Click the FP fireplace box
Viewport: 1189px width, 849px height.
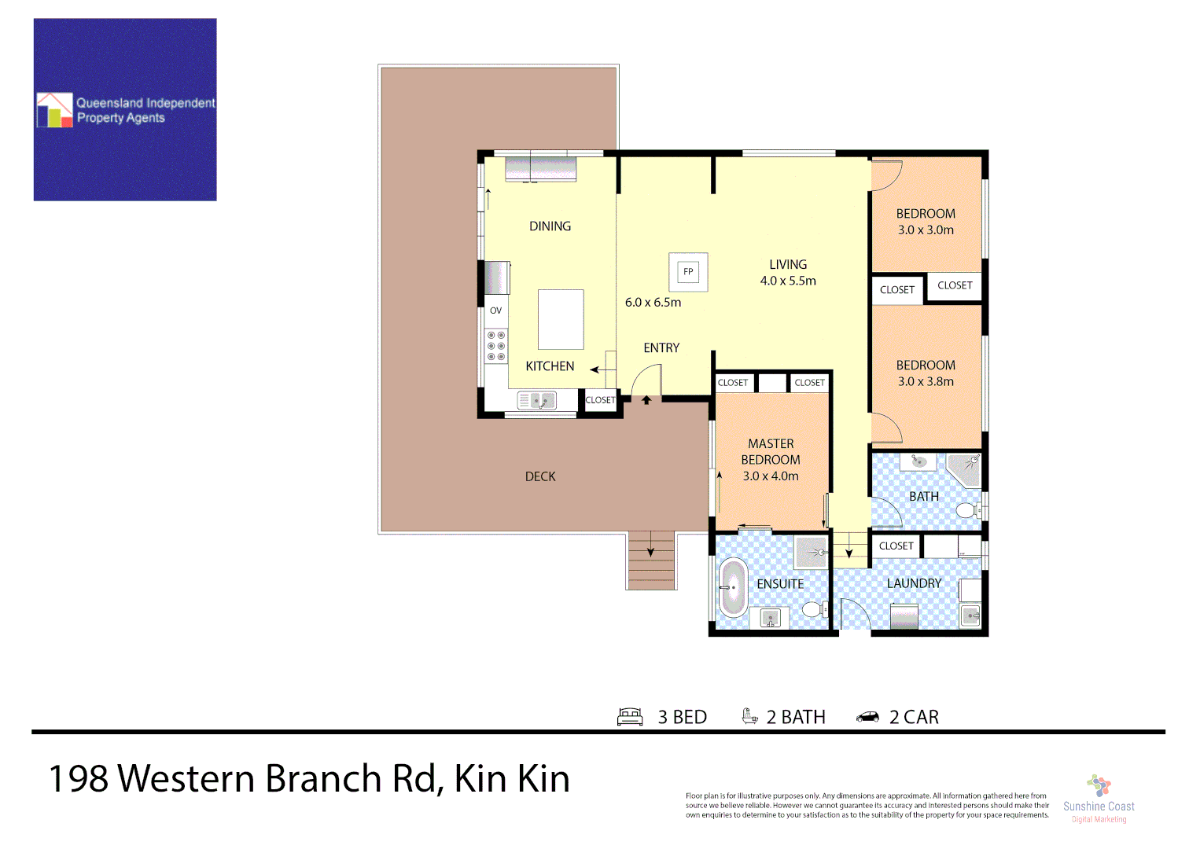(x=688, y=272)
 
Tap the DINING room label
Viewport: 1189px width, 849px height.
(x=550, y=226)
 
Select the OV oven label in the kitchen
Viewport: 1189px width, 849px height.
(x=495, y=311)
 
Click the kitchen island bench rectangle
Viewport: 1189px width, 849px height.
(x=561, y=319)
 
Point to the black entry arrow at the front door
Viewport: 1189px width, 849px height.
(x=646, y=400)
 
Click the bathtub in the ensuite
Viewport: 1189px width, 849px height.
(x=733, y=588)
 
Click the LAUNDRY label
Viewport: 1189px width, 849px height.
(x=914, y=583)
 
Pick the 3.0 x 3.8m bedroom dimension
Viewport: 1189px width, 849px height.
(x=926, y=382)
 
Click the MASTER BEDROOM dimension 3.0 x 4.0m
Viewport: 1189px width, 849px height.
(x=771, y=476)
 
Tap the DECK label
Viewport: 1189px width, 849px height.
(x=540, y=476)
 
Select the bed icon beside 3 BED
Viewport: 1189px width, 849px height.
(x=630, y=716)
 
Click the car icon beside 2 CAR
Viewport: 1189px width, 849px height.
(x=867, y=717)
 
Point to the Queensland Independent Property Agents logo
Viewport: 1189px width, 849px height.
(x=125, y=110)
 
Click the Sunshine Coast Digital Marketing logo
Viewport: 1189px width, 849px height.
(x=1099, y=799)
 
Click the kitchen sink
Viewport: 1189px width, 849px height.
(x=537, y=401)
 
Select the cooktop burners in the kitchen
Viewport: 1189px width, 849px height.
(x=496, y=346)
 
